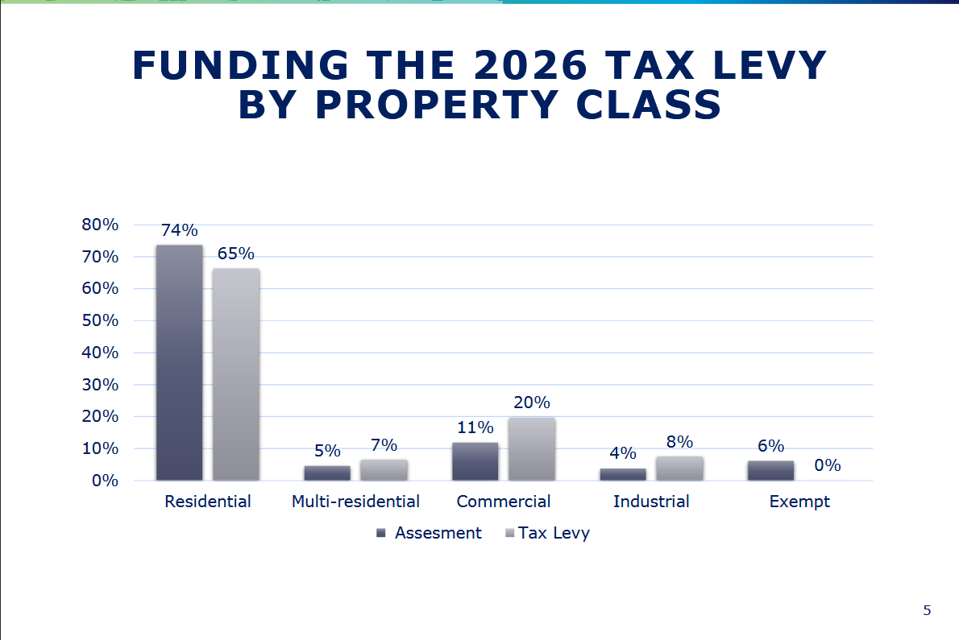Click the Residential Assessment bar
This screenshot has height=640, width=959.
[x=179, y=362]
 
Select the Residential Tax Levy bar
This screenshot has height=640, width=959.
[x=236, y=374]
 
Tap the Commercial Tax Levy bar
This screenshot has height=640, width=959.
[x=531, y=448]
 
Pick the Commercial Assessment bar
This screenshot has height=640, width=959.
[x=475, y=461]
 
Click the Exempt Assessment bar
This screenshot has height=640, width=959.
[x=770, y=471]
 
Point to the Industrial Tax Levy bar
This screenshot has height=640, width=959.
[x=679, y=469]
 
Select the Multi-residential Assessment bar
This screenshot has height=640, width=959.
[x=327, y=473]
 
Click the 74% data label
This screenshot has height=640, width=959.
[x=179, y=231]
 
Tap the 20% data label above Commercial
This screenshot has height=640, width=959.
[x=532, y=403]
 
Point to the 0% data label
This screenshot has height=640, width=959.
[x=828, y=465]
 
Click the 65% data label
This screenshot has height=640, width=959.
[x=236, y=254]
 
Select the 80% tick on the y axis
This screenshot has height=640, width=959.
[x=101, y=225]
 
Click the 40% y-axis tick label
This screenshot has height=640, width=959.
[x=101, y=353]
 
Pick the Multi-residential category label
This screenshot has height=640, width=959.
[x=355, y=502]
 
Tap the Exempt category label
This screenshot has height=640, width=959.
[x=799, y=502]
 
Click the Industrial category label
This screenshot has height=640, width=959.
[x=651, y=502]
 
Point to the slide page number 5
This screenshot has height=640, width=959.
[x=927, y=610]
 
